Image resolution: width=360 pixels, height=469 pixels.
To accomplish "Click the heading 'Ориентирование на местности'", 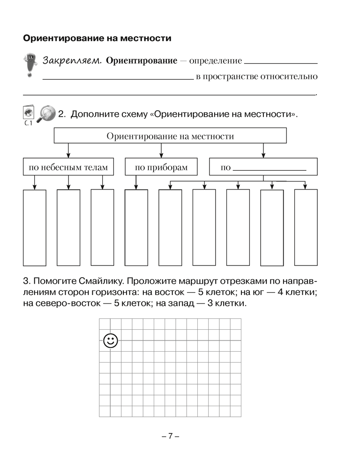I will tap(97, 38).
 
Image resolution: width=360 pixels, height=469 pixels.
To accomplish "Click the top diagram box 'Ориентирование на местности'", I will tap(170, 136).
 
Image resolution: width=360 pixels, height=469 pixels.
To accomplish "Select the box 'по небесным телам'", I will tap(68, 167).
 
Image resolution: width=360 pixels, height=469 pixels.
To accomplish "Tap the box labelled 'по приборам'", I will tap(161, 167).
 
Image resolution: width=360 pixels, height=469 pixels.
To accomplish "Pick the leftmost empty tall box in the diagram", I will tap(35, 227).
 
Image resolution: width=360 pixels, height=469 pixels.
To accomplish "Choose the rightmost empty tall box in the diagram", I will tap(306, 227).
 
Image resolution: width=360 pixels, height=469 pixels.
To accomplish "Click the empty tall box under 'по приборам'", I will tap(136, 227).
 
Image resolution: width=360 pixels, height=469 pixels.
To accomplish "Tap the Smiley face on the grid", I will tap(111, 341).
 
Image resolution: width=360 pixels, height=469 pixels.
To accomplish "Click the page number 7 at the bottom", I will tap(171, 436).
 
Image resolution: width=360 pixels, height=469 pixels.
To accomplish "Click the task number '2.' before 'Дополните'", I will tap(63, 114).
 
